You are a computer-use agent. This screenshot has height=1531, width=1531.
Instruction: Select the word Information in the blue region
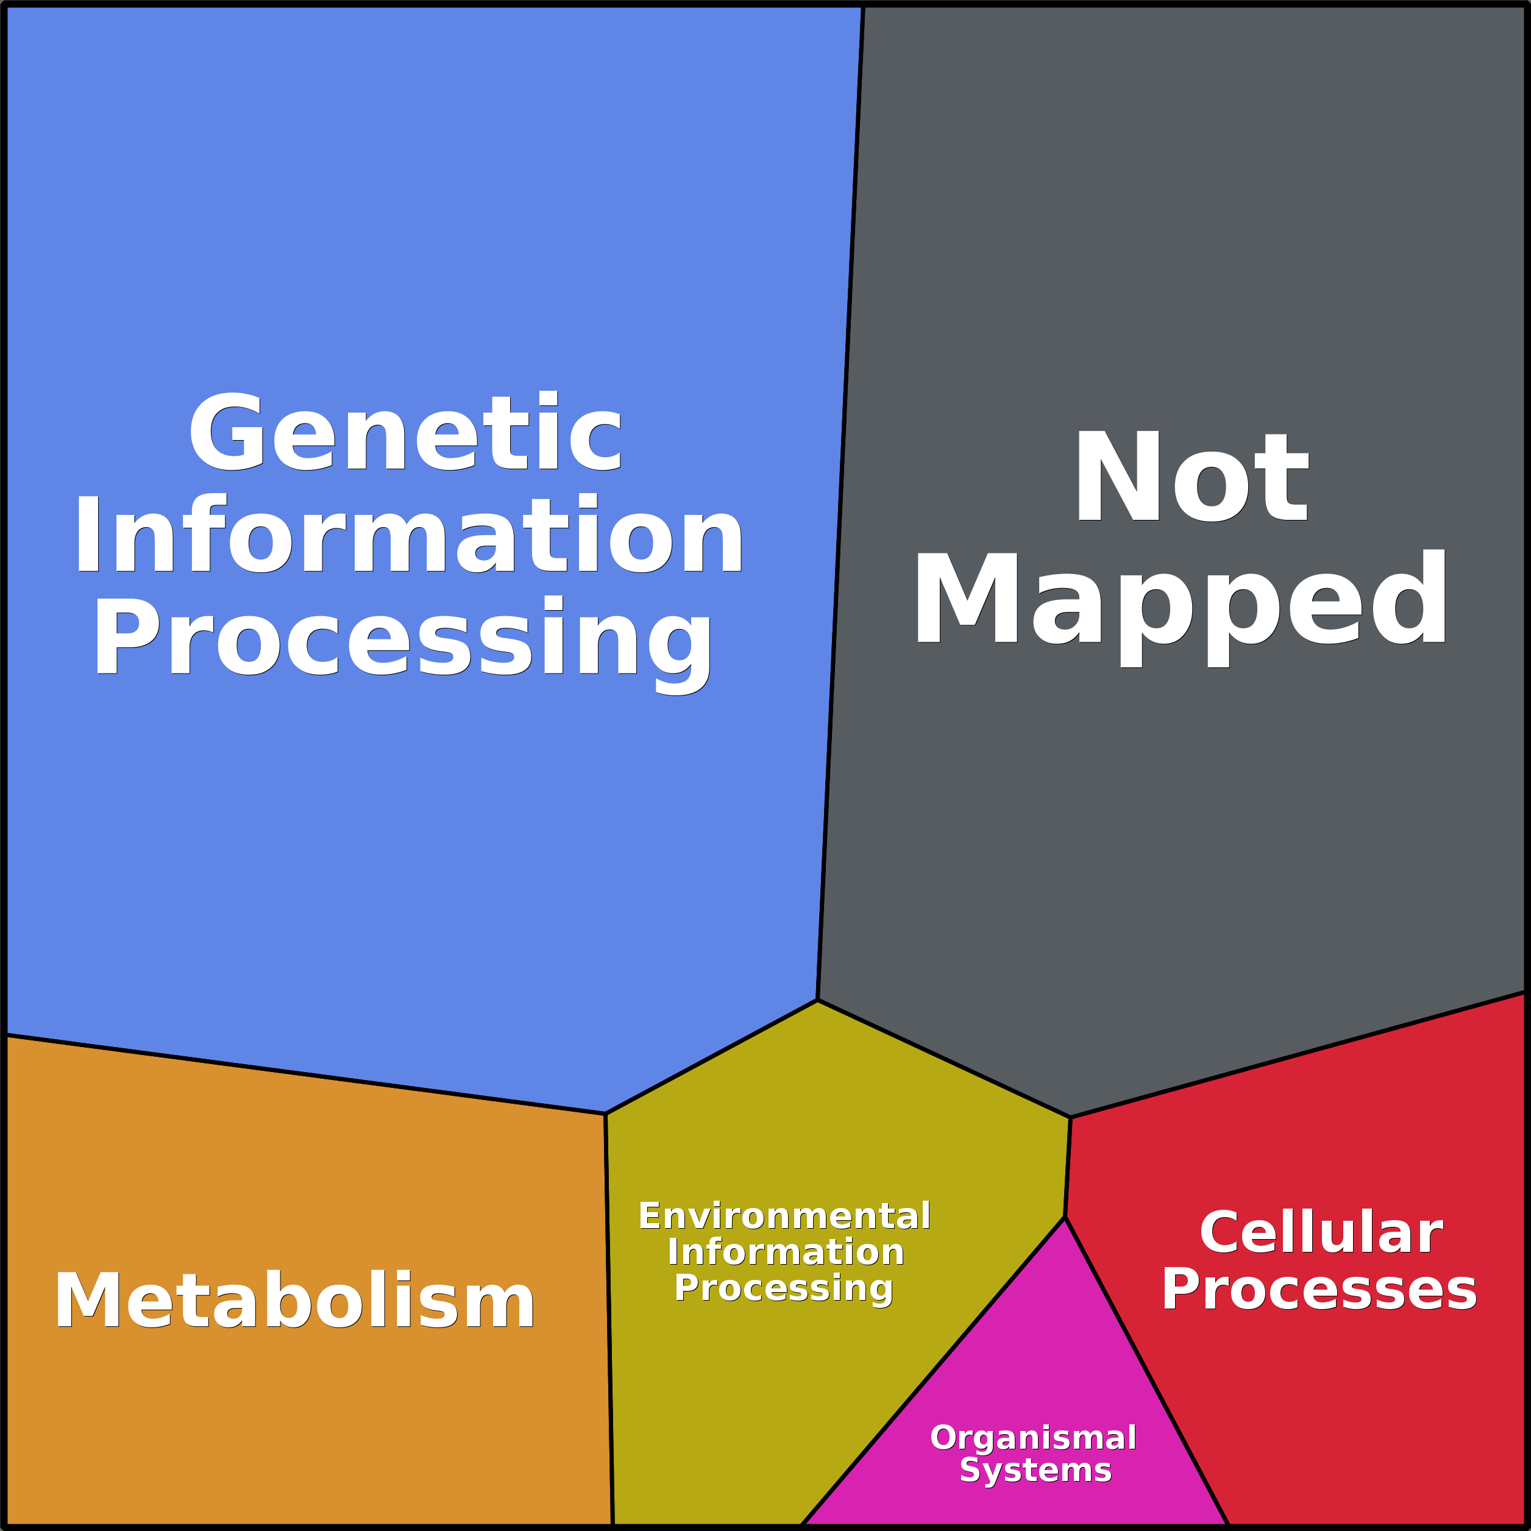pyautogui.click(x=409, y=536)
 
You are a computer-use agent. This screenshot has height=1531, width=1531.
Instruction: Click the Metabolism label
pyautogui.click(x=295, y=1301)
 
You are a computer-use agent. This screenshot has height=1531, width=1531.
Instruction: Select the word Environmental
pyautogui.click(x=784, y=1217)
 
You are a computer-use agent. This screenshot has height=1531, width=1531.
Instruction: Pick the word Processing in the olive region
pyautogui.click(x=784, y=1288)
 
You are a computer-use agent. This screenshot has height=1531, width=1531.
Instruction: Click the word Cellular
pyautogui.click(x=1321, y=1233)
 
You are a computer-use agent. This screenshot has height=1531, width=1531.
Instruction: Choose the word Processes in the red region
pyautogui.click(x=1320, y=1289)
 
